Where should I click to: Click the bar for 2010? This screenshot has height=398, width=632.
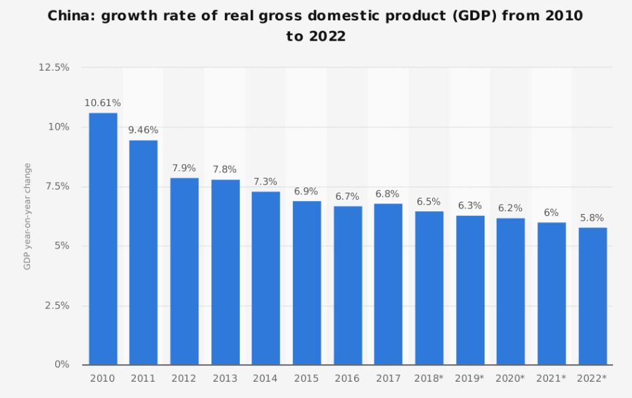point(103,238)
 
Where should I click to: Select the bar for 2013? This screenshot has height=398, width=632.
point(225,272)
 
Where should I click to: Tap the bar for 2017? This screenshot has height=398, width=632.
point(389,284)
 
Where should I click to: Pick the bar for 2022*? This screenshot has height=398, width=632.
point(593,296)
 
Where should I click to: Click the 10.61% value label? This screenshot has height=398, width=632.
point(103,103)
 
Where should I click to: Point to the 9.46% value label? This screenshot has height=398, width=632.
point(143,130)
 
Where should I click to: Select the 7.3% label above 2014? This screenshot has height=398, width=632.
point(266,182)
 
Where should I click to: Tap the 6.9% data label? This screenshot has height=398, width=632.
point(307,192)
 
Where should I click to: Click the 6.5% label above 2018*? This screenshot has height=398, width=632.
point(429,202)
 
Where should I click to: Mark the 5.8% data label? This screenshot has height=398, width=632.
point(593,218)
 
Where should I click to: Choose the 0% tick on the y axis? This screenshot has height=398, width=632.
point(63,365)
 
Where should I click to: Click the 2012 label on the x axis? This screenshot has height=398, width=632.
point(184,378)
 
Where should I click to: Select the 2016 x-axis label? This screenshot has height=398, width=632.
point(347,378)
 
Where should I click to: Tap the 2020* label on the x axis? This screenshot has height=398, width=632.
point(511,378)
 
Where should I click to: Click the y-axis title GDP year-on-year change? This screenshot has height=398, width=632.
point(27,216)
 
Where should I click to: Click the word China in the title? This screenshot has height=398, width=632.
point(71,16)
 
